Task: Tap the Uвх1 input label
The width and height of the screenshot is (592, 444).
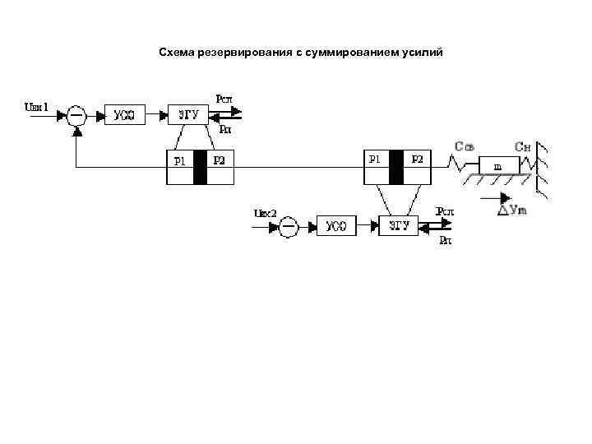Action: (38, 106)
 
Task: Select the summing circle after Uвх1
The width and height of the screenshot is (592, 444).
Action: (76, 115)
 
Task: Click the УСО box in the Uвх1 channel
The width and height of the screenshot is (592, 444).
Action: (125, 115)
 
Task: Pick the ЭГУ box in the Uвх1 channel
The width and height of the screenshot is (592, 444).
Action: (188, 115)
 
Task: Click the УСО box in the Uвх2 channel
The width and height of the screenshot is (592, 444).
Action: (335, 226)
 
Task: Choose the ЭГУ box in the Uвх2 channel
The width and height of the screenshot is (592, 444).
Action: (399, 226)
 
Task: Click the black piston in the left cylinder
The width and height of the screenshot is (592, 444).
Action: (200, 168)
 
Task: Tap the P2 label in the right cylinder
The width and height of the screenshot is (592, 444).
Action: (417, 159)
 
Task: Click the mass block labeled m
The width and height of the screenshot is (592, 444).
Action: (497, 166)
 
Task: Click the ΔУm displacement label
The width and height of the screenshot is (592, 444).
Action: (511, 210)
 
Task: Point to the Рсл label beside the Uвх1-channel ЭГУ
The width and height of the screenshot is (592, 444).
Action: (224, 99)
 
